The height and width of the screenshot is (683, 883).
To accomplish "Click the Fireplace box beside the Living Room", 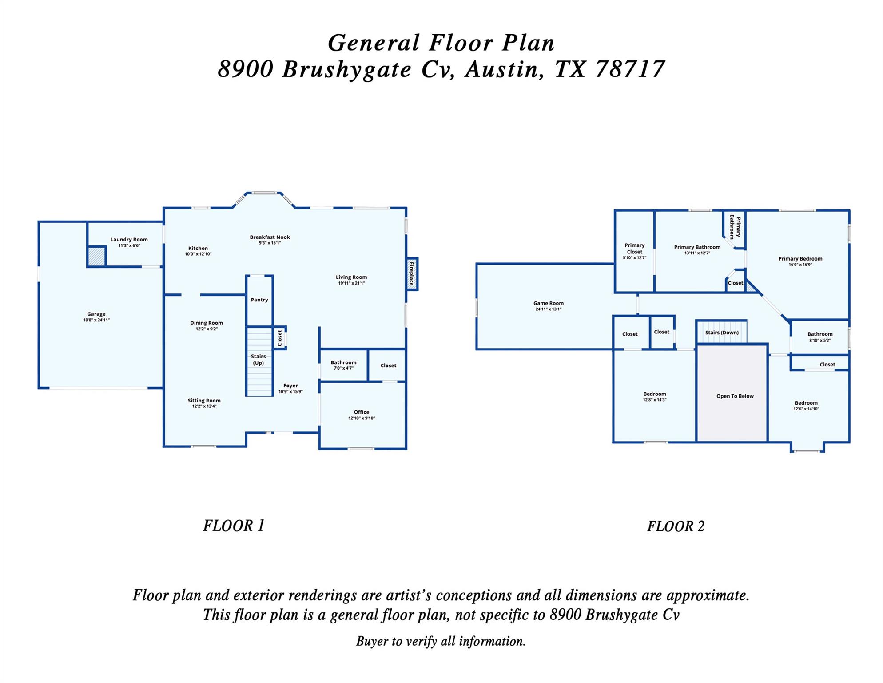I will coord(412,274).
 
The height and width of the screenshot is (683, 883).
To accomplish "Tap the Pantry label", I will coord(259,300).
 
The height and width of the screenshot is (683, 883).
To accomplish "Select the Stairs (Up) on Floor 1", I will coord(259,360).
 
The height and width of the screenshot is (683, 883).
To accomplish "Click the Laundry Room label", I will coord(129,240).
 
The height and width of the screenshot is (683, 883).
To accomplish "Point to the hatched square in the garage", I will coord(96,257).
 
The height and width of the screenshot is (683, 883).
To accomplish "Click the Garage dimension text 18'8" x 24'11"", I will coord(96,320).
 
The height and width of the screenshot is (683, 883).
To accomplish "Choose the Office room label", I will coord(362,412).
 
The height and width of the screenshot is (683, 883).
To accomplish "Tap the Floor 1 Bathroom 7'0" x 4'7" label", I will coord(343,365).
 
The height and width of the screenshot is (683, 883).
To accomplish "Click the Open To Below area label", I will coord(735,396).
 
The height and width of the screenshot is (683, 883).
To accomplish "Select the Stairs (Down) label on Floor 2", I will coord(722,333).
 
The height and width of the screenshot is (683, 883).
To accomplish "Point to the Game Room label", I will coord(548,304).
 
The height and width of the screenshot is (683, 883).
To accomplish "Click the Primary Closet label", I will coord(634,249).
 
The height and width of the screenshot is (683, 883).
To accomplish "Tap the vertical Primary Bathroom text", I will coord(735,227).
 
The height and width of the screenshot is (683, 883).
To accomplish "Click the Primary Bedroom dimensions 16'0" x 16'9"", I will coord(800,265).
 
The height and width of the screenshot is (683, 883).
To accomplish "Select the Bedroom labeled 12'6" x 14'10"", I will coord(806,406).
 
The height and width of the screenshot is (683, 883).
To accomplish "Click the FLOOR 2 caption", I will coord(676,526).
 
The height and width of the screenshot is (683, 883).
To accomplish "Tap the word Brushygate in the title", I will coord(347,70).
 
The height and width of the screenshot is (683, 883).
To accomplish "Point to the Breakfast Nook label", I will coord(270,237).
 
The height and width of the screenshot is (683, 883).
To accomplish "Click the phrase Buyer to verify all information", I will coord(441,641).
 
